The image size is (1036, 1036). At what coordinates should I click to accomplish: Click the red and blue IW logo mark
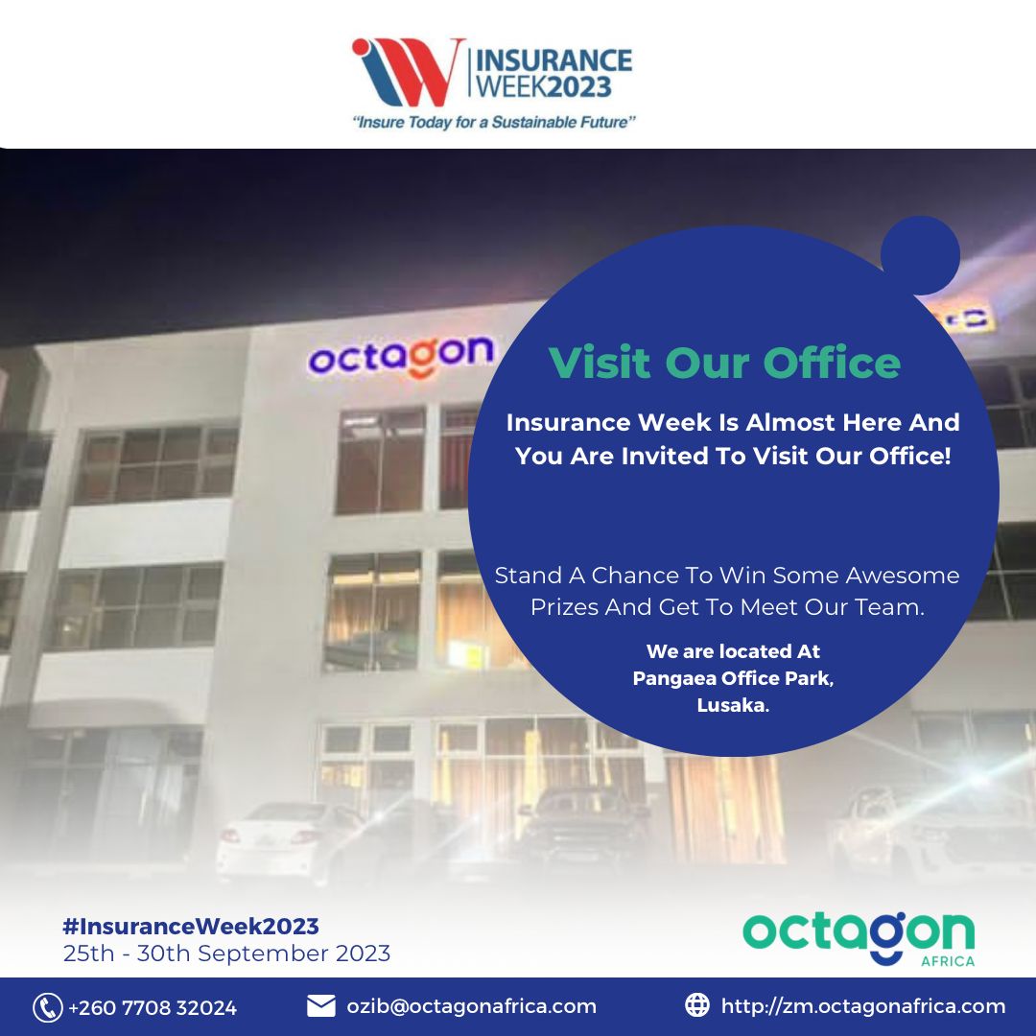[407, 72]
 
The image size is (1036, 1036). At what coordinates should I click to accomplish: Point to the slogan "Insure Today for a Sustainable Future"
[494, 122]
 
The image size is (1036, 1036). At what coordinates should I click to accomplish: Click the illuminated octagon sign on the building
[400, 356]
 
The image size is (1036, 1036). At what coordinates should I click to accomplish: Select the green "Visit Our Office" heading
[724, 362]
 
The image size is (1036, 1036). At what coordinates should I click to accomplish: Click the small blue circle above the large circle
[920, 255]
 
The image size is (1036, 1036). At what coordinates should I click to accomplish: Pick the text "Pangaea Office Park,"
[733, 678]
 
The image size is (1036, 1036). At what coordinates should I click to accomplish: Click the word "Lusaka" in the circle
[732, 705]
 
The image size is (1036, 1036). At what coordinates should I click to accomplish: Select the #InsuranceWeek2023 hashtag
[191, 927]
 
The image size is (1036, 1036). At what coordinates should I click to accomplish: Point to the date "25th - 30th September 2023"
[226, 954]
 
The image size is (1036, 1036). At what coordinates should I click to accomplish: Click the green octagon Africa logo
[859, 938]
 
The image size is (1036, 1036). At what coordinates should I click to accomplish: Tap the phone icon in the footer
[48, 1007]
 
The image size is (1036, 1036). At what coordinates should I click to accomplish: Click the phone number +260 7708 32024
[153, 1007]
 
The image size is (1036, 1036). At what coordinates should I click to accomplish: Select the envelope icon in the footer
[321, 1006]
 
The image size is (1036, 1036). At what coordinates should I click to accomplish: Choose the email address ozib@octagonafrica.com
[472, 1006]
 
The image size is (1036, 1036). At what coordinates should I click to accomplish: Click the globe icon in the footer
[697, 1005]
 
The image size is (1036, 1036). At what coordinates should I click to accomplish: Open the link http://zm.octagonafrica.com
[863, 1006]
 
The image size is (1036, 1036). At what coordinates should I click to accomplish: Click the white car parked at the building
[290, 840]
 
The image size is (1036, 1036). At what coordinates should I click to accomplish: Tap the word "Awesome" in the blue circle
[903, 576]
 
